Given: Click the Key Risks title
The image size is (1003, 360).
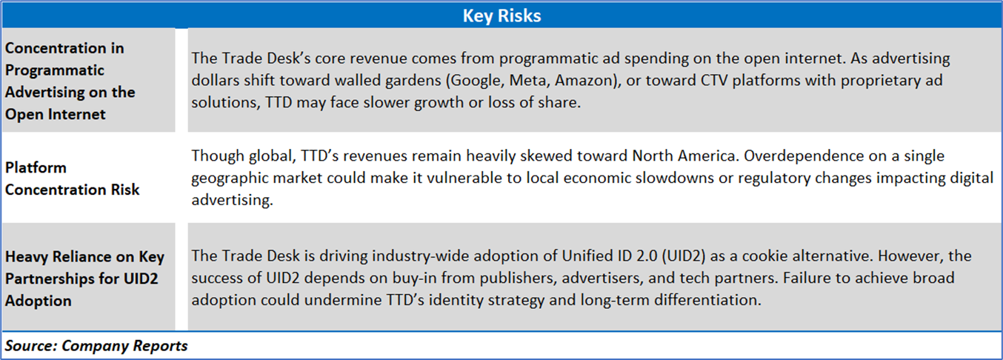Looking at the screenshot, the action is point(502,16).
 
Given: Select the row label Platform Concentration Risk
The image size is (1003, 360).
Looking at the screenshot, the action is point(72,179).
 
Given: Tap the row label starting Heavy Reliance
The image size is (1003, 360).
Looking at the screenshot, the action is point(84,279).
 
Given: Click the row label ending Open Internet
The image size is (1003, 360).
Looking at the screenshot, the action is point(70,81).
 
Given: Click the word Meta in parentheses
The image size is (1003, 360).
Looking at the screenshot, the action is point(528,81).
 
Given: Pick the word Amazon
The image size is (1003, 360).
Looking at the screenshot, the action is point(584,81).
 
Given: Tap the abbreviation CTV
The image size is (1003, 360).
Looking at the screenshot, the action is point(714,81).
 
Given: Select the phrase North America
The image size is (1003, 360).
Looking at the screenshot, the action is point(684,156).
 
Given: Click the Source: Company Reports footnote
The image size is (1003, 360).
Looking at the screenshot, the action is point(96,346).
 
